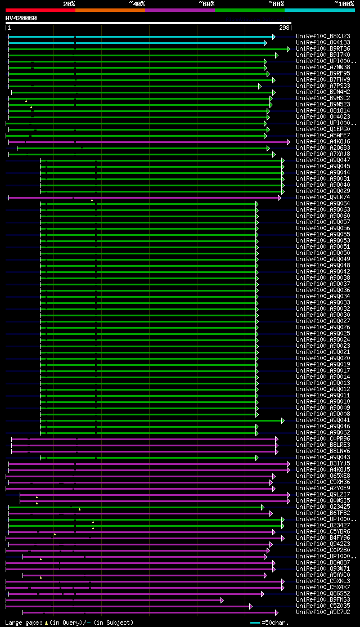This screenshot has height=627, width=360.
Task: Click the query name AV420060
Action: (x=21, y=18)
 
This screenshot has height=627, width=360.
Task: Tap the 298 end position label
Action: (x=284, y=28)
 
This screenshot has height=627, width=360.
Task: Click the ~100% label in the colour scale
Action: (x=344, y=3)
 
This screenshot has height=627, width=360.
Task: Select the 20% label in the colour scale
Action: (x=69, y=3)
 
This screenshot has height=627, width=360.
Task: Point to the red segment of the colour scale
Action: (x=40, y=10)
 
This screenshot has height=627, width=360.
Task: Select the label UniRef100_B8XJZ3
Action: (x=322, y=37)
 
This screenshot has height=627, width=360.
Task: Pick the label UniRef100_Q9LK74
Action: (x=322, y=198)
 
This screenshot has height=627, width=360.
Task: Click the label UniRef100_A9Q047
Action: (x=322, y=160)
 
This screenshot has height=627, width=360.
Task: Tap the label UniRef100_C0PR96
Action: (x=322, y=439)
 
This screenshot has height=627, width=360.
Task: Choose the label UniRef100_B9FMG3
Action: (x=322, y=600)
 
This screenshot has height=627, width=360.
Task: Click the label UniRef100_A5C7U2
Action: (x=322, y=612)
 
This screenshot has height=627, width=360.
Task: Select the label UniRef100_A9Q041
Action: (x=322, y=420)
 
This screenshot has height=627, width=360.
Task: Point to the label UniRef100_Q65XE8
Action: (x=322, y=476)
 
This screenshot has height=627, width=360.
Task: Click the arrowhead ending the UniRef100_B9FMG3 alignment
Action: (x=222, y=600)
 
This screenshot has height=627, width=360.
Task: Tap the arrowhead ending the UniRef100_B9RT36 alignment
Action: (x=289, y=49)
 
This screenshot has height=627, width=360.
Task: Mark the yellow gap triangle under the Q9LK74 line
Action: (x=92, y=200)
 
